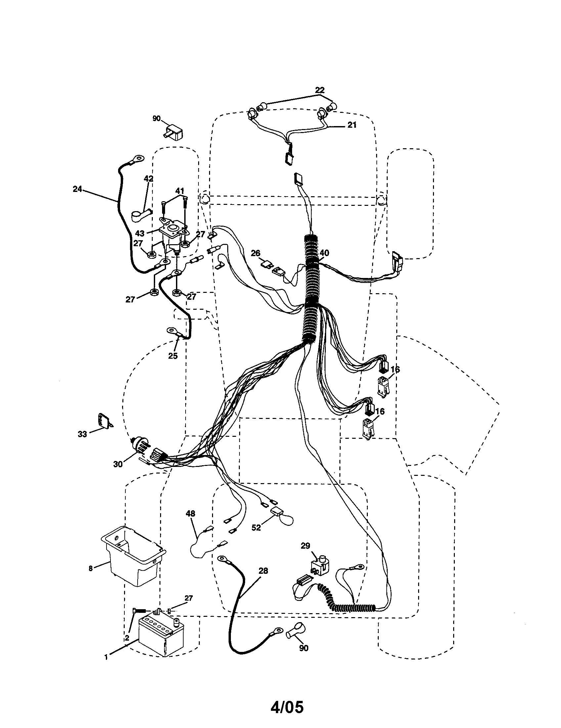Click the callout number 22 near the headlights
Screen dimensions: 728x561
tap(320, 90)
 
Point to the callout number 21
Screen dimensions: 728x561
tap(352, 125)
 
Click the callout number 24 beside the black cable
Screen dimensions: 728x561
tap(77, 189)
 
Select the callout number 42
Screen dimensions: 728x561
tap(149, 179)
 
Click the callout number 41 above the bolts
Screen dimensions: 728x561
tap(180, 191)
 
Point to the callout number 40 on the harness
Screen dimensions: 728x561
tap(324, 253)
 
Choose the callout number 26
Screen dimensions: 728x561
tap(255, 253)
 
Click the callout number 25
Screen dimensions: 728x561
tap(173, 356)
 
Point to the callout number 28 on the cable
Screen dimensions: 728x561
tap(263, 571)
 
